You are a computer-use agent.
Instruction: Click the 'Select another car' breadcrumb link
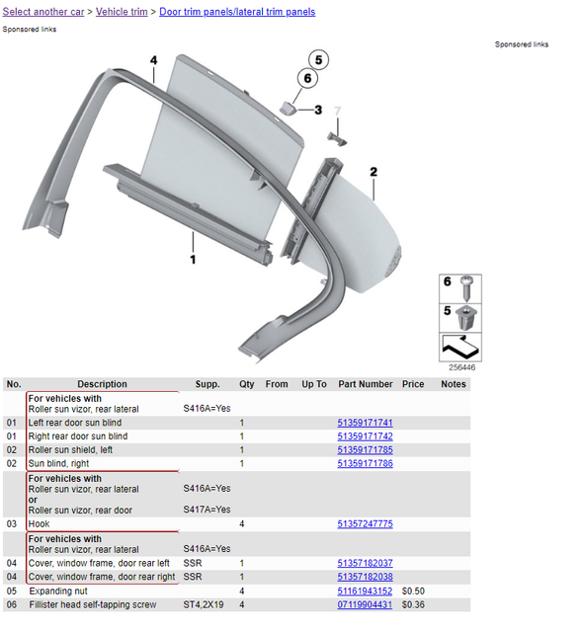tap(43, 12)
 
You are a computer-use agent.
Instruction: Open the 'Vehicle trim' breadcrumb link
tap(122, 12)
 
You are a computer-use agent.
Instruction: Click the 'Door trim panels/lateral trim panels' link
tap(237, 12)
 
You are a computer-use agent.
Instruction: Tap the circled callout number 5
tap(318, 60)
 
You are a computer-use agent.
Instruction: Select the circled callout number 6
tap(307, 78)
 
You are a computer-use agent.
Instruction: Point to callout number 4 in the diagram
tap(154, 60)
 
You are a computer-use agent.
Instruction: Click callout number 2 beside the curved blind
tap(373, 172)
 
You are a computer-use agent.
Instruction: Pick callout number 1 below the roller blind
tap(193, 259)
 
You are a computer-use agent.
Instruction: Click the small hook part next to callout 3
tap(288, 108)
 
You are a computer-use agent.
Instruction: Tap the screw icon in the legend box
tap(466, 288)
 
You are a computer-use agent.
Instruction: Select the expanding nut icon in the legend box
tap(466, 318)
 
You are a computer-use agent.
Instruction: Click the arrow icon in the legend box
tap(460, 347)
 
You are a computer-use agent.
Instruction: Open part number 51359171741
tap(365, 423)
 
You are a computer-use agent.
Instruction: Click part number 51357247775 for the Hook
tap(365, 524)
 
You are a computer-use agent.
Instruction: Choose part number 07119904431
tap(365, 604)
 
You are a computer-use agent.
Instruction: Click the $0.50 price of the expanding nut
tap(413, 592)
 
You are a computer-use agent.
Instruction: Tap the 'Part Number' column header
tap(366, 384)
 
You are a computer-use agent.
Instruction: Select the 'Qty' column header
tap(246, 384)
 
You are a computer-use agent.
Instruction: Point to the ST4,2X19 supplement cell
tap(204, 604)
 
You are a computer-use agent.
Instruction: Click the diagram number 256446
tap(461, 367)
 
